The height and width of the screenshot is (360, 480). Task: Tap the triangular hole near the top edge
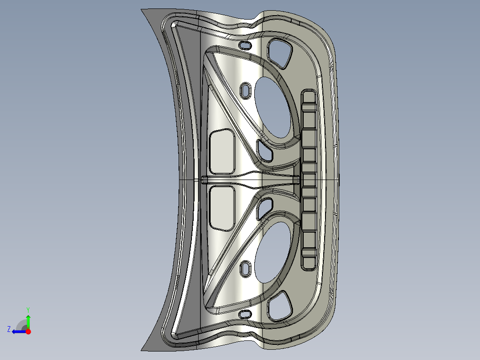pos(279,53)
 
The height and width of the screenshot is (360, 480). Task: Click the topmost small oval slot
pos(245,45)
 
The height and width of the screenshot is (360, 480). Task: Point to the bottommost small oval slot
pos(245,314)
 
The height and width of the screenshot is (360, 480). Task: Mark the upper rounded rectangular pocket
pos(222,151)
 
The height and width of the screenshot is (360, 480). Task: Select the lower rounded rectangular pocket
pos(222,208)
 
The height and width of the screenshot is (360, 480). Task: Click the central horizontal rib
pos(249,180)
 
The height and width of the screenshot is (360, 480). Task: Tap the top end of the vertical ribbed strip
pos(309,94)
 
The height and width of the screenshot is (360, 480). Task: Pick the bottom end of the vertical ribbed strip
pos(309,266)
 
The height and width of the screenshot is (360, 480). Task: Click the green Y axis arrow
pos(28,320)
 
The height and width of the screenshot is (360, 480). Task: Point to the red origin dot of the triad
pos(28,331)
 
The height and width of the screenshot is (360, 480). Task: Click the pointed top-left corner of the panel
pos(142,10)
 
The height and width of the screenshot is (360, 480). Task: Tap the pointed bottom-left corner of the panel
pos(142,350)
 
